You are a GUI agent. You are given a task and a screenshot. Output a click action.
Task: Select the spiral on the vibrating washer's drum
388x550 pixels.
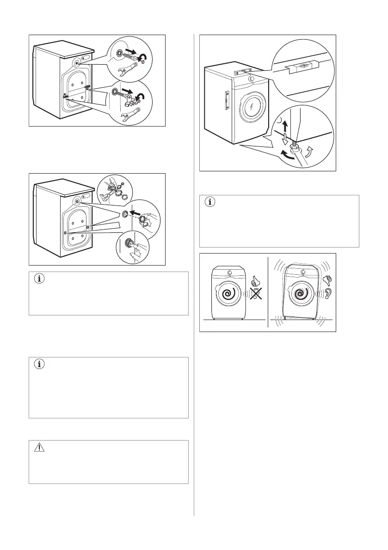pyautogui.click(x=294, y=294)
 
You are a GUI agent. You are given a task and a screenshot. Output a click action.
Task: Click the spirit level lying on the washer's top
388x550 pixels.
pyautogui.click(x=242, y=72)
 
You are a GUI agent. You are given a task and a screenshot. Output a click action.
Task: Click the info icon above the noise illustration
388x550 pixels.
pyautogui.click(x=210, y=202)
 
